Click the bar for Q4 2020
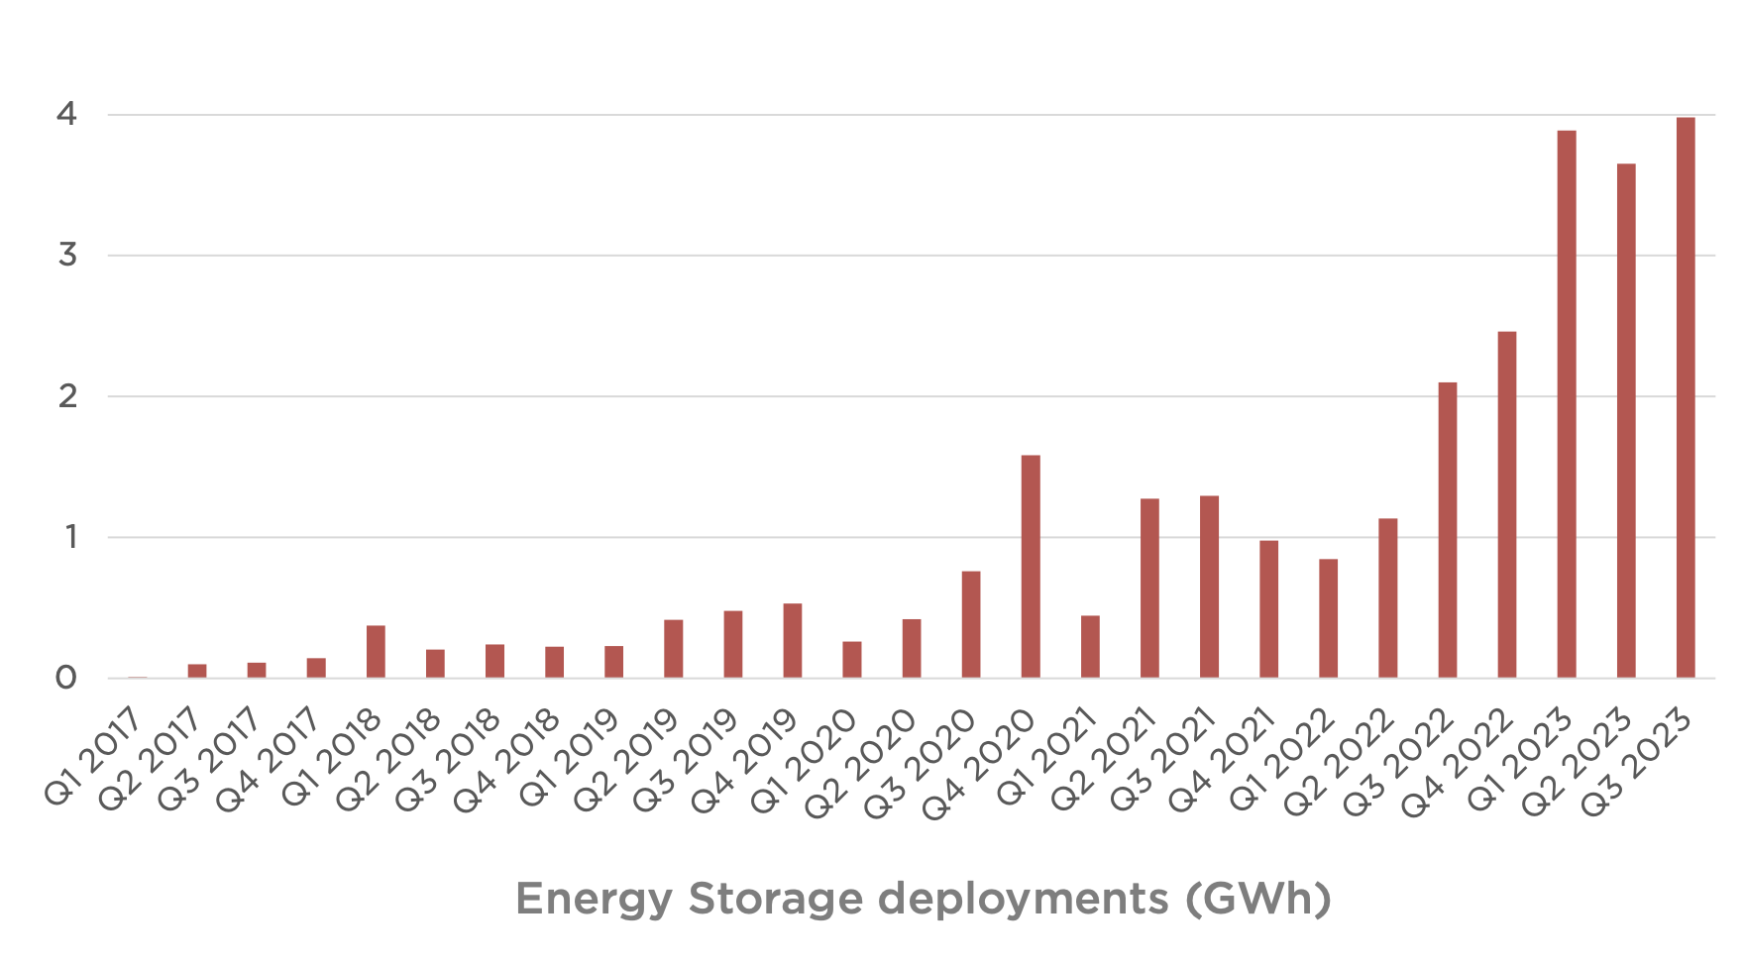click(x=1031, y=567)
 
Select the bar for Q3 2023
click(x=1686, y=397)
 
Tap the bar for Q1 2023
click(x=1567, y=404)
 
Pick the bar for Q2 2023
click(x=1626, y=421)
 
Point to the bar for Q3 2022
click(x=1448, y=530)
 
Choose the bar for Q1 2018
click(x=376, y=652)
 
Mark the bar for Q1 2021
click(x=1090, y=647)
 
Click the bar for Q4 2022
click(x=1507, y=504)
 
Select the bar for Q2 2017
click(x=197, y=671)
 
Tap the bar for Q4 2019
click(x=793, y=641)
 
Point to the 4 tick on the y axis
click(x=66, y=115)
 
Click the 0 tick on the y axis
click(x=66, y=679)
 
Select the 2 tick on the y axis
click(x=66, y=396)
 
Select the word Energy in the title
click(x=593, y=900)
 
